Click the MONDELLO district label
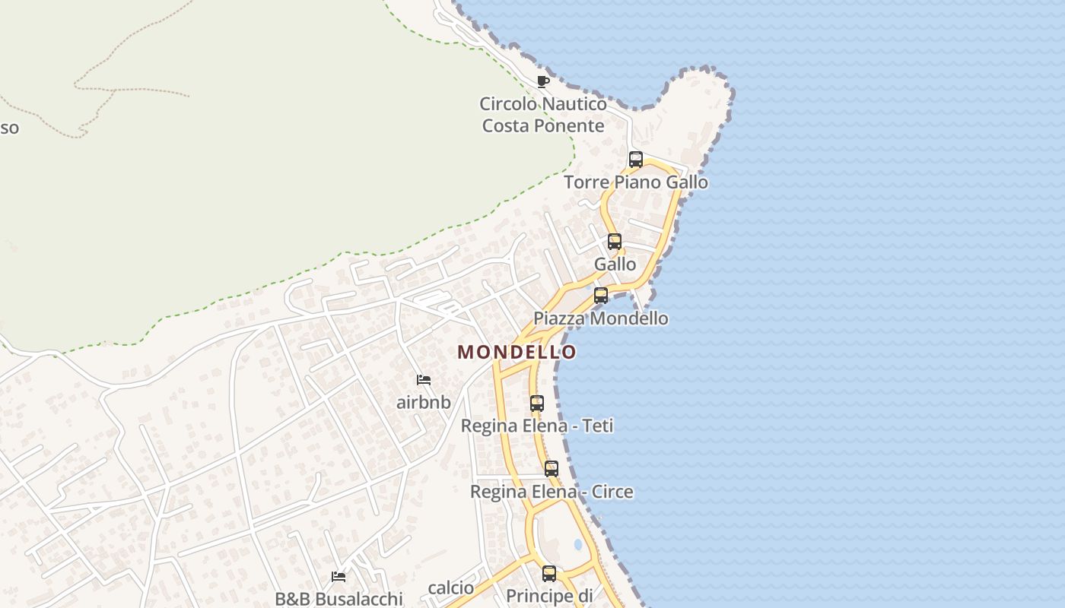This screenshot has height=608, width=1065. pos(517,352)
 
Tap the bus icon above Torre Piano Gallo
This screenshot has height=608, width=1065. pos(636,160)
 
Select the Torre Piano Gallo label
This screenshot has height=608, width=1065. pos(636,182)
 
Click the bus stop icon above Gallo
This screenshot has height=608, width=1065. pos(615,242)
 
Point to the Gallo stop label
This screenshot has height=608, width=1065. pos(615,264)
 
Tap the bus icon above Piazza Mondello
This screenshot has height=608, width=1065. pos(601,296)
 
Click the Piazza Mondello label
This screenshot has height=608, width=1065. pos(601,318)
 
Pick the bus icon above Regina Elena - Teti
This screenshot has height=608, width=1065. pos(537,404)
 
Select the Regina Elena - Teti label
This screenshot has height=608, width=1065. pos(537,426)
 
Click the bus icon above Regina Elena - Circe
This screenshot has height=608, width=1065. pos(552,469)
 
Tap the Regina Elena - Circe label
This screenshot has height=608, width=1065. pos(552,492)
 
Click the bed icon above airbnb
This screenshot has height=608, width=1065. pos(424,380)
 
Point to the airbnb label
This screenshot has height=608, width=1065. pos(424,402)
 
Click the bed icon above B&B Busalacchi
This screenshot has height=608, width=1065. pos(339,577)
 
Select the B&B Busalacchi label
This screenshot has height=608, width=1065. pos(339,599)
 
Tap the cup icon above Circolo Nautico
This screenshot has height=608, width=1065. pos(542,81)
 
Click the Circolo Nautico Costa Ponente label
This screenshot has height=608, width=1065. pos(543,115)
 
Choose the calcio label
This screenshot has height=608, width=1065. pos(451,587)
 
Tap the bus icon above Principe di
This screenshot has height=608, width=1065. pos(549,574)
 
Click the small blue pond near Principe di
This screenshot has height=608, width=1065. pos(578,545)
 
